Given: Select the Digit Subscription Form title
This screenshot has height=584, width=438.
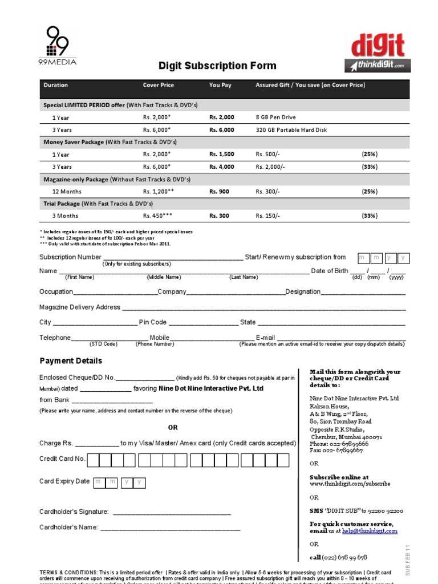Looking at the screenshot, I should (217, 66).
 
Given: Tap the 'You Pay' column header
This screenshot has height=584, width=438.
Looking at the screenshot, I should (220, 85).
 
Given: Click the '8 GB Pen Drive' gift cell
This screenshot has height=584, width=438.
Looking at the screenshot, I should (275, 117).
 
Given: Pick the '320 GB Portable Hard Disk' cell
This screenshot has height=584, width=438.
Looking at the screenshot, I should (291, 130).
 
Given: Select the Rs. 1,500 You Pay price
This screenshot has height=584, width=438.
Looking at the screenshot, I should (221, 155).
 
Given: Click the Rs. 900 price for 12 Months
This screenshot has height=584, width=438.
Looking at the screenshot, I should (219, 192).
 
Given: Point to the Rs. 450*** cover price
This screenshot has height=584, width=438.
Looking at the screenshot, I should (158, 216).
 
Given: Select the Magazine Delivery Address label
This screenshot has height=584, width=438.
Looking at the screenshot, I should (79, 307).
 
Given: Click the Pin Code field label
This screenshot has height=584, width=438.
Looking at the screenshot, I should (153, 322).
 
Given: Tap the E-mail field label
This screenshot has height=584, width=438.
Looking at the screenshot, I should (265, 338).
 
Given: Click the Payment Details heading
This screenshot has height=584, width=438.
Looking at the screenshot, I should (71, 361).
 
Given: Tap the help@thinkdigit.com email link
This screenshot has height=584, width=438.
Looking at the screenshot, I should (370, 531).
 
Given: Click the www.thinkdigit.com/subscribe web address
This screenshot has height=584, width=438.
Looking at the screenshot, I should (350, 484).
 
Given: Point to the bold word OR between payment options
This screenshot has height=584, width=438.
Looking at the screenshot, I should (173, 427).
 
